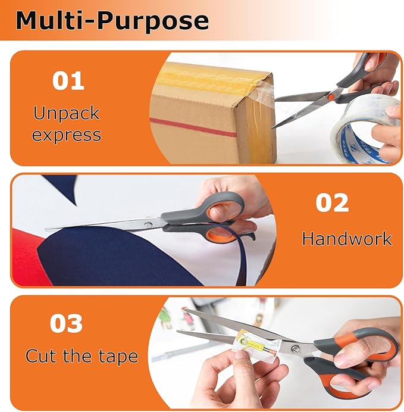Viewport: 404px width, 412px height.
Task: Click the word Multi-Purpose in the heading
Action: pos(112,20)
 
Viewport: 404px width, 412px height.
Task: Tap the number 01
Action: pos(68,81)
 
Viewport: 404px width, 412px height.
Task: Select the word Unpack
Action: pos(67,113)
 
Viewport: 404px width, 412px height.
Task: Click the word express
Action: pos(67,135)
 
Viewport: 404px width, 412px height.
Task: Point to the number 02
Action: pos(332,203)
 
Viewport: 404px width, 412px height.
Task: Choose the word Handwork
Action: pos(347,239)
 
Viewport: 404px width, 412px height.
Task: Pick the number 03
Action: pos(66,324)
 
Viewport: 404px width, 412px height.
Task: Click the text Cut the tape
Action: pos(82,357)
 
